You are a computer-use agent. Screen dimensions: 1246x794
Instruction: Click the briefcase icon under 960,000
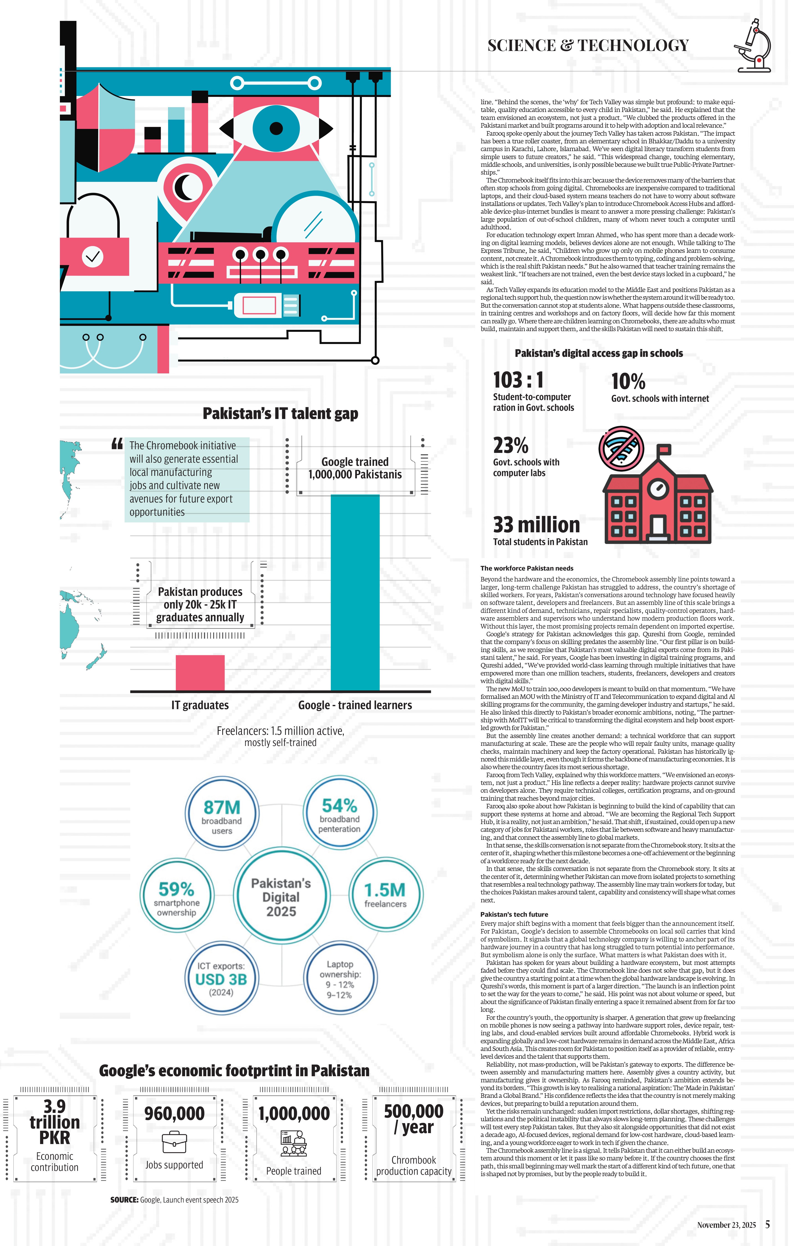pos(174,1142)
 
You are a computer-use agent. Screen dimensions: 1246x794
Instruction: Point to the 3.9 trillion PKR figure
pos(54,1122)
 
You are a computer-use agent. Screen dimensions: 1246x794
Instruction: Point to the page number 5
pos(768,1224)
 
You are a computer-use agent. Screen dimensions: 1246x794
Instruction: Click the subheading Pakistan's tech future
pos(514,914)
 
